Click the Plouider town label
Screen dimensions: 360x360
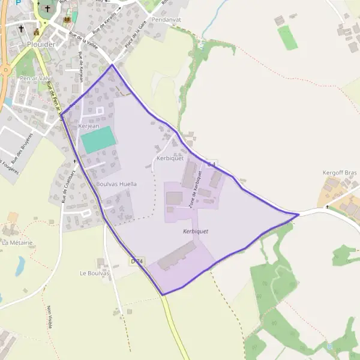(41, 44)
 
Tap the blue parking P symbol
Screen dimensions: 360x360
(19, 3)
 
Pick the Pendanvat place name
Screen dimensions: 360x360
(167, 20)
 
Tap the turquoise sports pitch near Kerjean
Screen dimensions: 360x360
(98, 139)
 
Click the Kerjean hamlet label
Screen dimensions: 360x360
(88, 127)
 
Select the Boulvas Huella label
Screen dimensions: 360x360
(116, 184)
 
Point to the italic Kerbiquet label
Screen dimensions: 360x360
(196, 231)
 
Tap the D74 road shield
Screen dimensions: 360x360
(137, 261)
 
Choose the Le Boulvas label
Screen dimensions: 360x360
(95, 273)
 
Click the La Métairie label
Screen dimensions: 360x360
(17, 243)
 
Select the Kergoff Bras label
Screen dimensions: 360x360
(340, 173)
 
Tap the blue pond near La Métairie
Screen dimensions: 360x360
(20, 265)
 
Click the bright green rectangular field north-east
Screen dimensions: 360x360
(288, 37)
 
